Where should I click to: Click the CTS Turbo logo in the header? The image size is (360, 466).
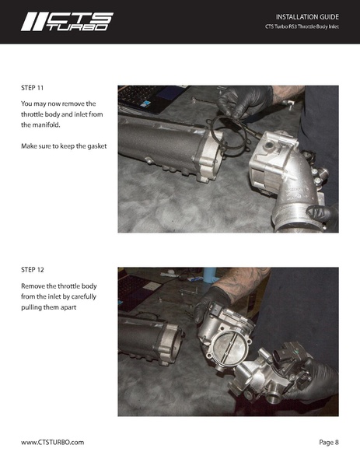(x=67, y=21)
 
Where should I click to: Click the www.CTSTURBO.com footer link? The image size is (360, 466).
(x=52, y=442)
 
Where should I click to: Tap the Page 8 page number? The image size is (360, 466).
(x=328, y=442)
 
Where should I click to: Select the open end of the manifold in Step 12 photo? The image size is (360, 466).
(x=173, y=340)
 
